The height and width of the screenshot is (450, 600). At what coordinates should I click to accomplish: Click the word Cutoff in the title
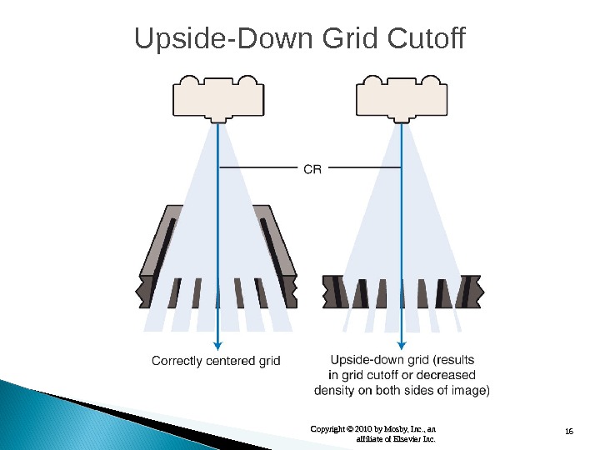point(425,39)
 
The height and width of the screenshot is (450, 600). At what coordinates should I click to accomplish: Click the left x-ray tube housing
point(218,97)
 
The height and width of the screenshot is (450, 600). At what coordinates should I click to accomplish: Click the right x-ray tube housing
point(402,97)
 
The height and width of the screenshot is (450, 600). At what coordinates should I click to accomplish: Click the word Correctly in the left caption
point(177,361)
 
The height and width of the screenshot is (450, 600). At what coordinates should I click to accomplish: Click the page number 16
point(570,430)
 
